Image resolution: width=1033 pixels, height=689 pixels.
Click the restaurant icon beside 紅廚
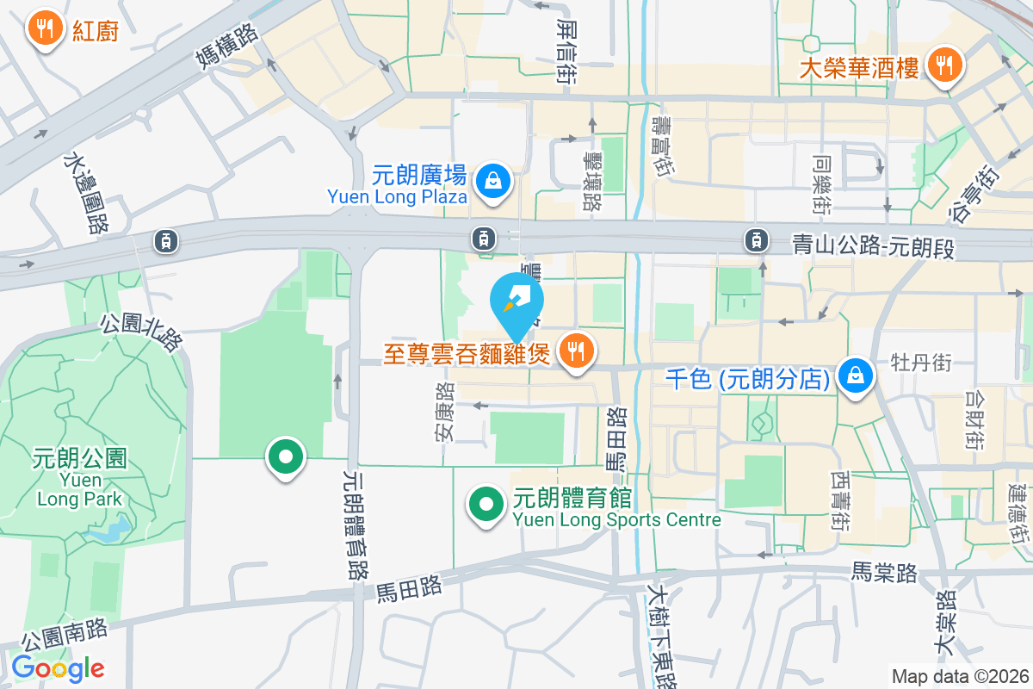click(x=42, y=29)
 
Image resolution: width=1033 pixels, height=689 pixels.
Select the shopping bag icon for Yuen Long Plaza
click(x=494, y=182)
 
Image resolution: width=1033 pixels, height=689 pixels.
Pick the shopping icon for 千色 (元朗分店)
click(x=856, y=376)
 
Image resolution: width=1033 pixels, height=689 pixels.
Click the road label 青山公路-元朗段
click(x=873, y=248)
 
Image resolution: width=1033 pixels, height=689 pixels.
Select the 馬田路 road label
click(x=409, y=589)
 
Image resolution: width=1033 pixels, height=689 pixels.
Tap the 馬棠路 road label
click(x=885, y=571)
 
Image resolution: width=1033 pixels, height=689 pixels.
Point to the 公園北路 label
click(x=143, y=332)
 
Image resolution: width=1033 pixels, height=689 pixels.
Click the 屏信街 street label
click(x=566, y=51)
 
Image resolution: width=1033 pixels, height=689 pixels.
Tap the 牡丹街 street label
click(x=921, y=363)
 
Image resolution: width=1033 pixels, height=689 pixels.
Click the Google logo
click(x=58, y=668)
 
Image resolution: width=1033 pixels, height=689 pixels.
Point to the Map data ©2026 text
click(x=959, y=676)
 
